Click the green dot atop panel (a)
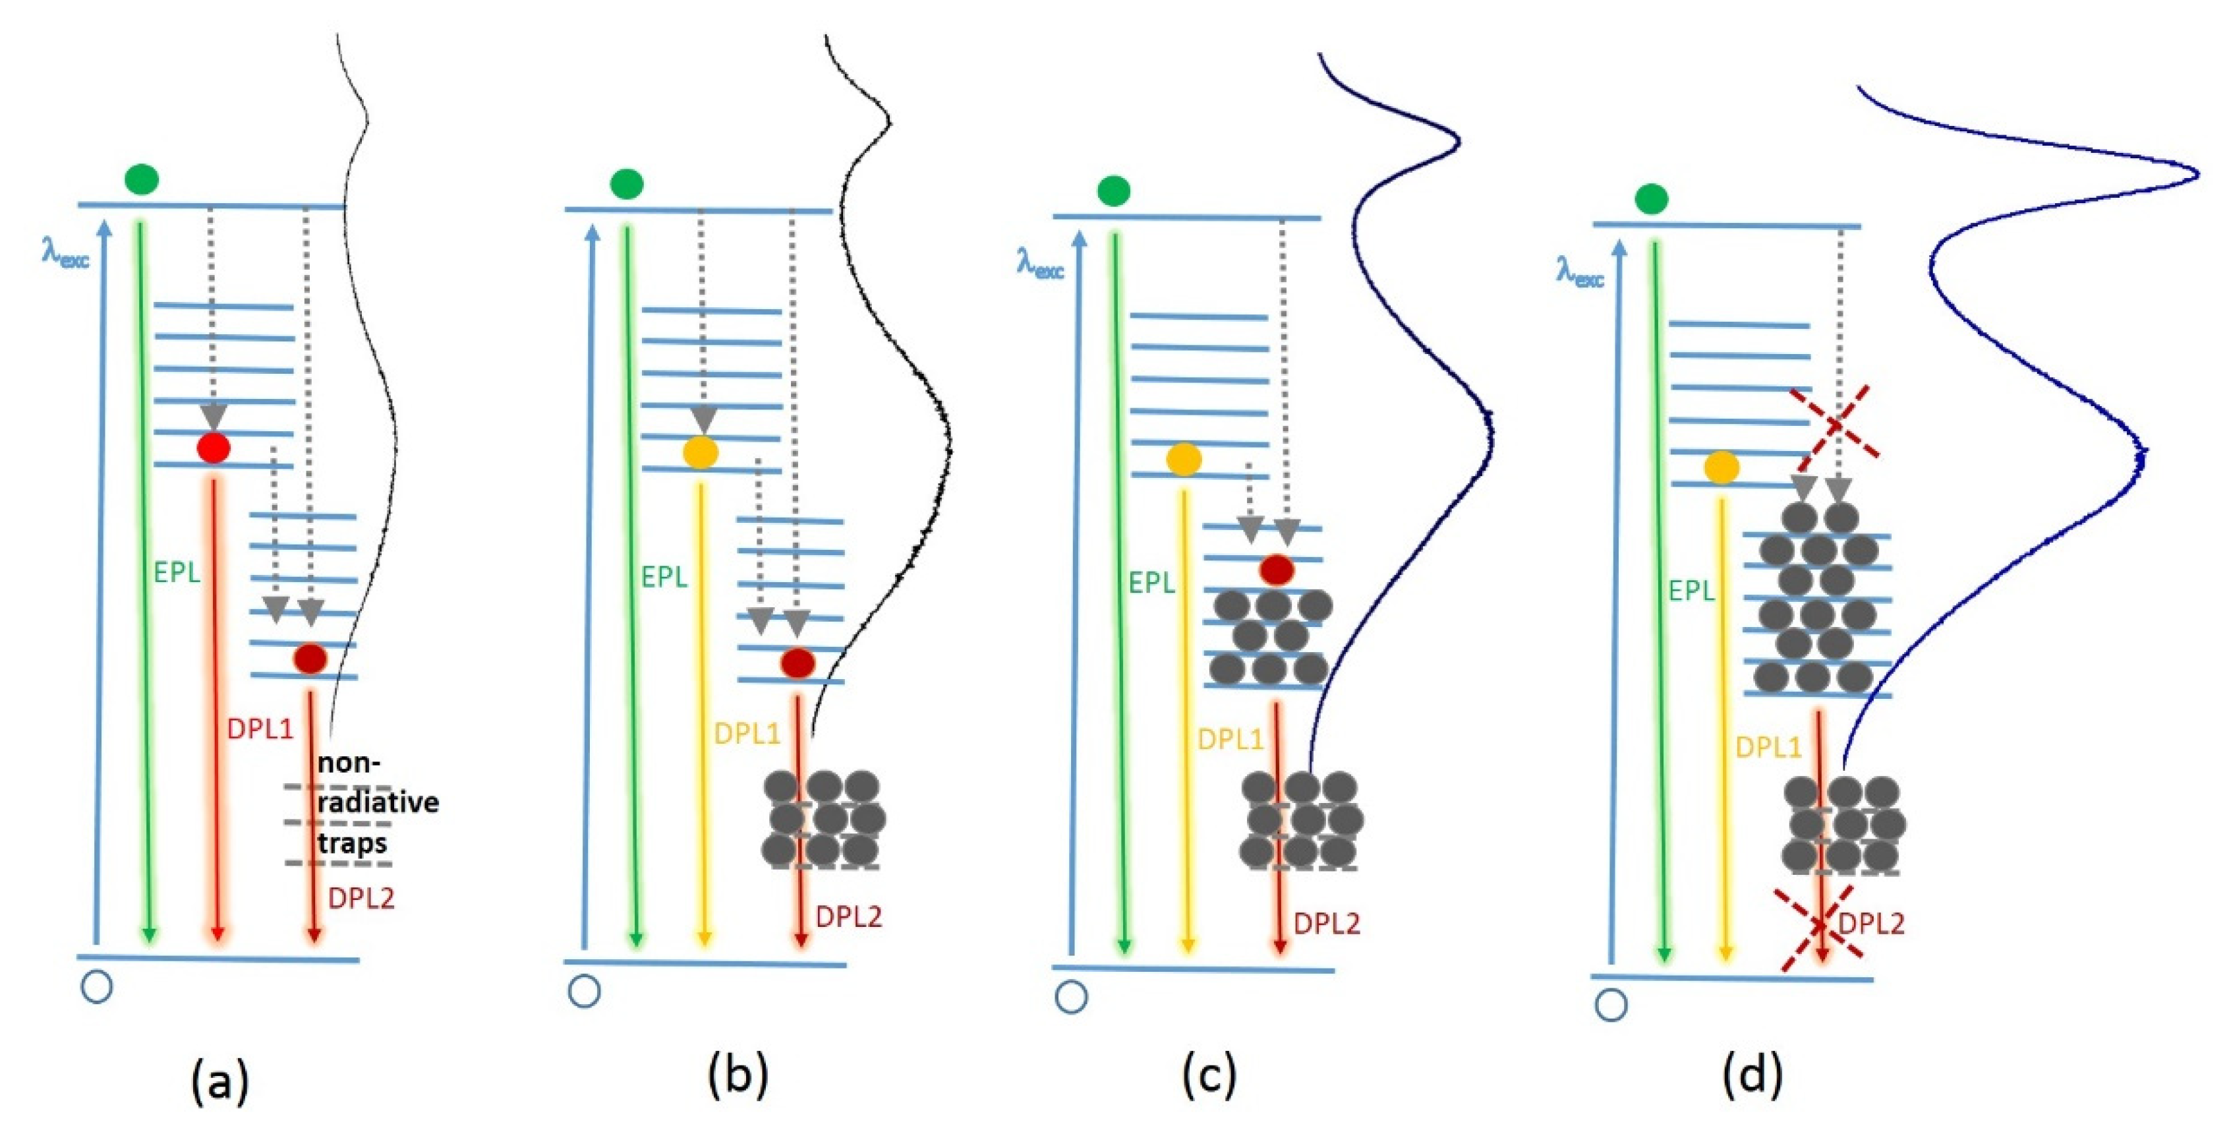pyautogui.click(x=141, y=179)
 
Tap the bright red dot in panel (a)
pyautogui.click(x=214, y=448)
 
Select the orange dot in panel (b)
pyautogui.click(x=700, y=452)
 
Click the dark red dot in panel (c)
pyautogui.click(x=1277, y=570)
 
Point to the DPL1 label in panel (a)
pyautogui.click(x=260, y=729)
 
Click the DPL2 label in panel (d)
pyautogui.click(x=1870, y=924)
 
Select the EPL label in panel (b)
pyautogui.click(x=664, y=576)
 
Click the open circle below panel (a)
pyautogui.click(x=96, y=987)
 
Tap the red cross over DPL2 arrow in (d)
pyautogui.click(x=1820, y=926)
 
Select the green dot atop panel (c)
pyautogui.click(x=1114, y=191)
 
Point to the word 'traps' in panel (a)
pyautogui.click(x=351, y=843)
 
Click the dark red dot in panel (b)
pyautogui.click(x=797, y=663)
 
